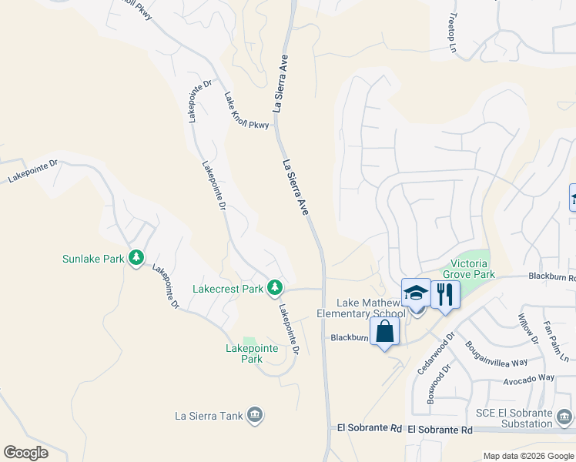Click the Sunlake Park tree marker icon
point(136,257)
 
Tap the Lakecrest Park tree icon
point(274,288)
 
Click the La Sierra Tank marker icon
point(255,417)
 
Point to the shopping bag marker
point(385,332)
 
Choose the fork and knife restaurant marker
point(445,294)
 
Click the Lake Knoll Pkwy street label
point(247,111)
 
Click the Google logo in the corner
point(25,452)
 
